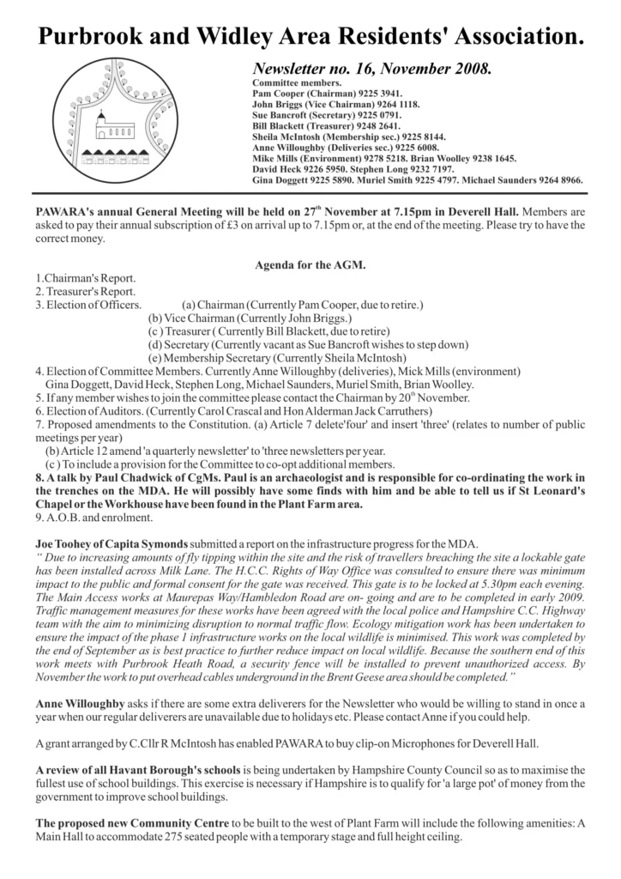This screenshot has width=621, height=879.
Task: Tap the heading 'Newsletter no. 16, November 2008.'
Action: (x=371, y=68)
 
